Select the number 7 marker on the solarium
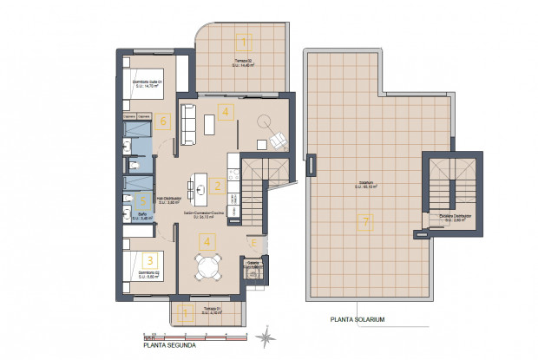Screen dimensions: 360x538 [365, 223]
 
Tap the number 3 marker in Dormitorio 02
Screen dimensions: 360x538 [150, 259]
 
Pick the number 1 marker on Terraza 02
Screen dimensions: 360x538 [244, 41]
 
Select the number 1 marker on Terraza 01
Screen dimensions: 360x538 [184, 313]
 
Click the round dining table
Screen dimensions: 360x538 [207, 267]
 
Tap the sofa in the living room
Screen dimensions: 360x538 [187, 123]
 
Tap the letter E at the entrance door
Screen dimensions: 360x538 [252, 241]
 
